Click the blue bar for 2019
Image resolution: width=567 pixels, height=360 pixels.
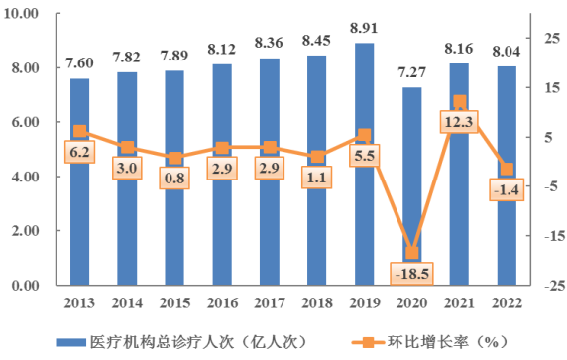click(x=364, y=198)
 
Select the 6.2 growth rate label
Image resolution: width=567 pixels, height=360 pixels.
click(x=79, y=152)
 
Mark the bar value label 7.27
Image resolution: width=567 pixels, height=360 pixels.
click(x=410, y=73)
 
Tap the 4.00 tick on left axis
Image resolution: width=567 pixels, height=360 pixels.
click(x=25, y=178)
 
